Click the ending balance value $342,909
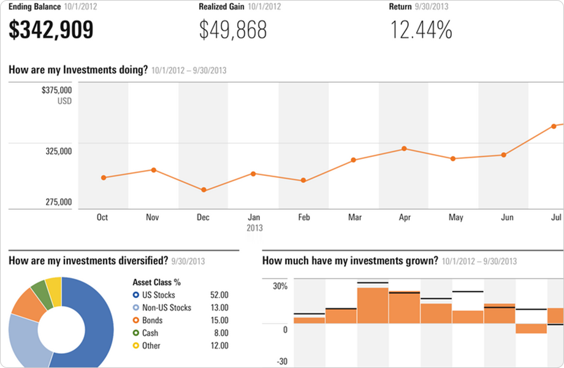[51, 29]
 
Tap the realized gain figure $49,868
[233, 29]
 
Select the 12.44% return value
[421, 29]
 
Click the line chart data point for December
[204, 190]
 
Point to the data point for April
[404, 148]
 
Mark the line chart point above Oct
[104, 178]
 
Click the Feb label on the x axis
[303, 217]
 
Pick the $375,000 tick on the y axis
[57, 90]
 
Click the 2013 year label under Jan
[253, 228]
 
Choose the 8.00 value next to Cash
[219, 333]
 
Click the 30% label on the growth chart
[280, 286]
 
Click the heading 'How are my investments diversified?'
[88, 260]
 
